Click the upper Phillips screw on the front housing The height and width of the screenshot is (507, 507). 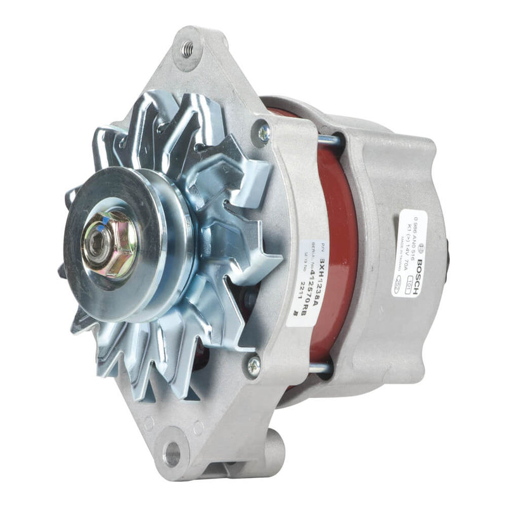[x=263, y=132]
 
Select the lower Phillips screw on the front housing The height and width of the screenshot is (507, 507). [x=253, y=364]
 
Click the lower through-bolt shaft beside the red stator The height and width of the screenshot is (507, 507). [x=320, y=367]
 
